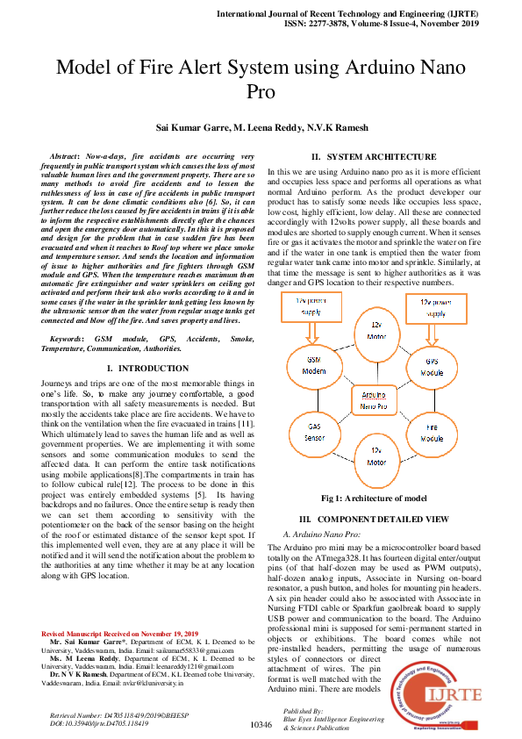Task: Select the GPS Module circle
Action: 432,365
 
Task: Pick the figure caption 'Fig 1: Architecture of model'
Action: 374,499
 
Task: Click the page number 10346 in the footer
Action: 261,724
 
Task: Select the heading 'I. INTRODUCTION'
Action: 140,367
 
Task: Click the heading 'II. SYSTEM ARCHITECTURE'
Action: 375,156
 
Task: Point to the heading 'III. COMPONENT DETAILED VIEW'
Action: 375,520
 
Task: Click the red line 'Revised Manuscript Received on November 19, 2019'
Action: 120,608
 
